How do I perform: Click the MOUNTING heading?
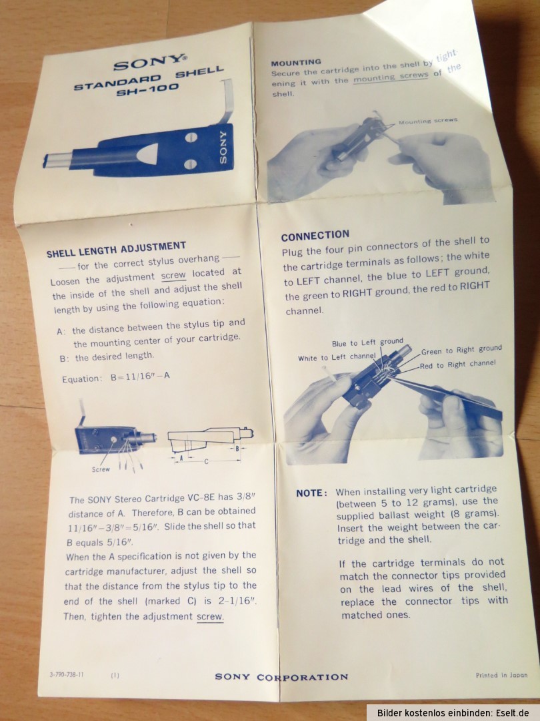click(296, 63)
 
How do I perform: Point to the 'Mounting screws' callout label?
click(428, 121)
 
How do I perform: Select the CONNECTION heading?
click(315, 236)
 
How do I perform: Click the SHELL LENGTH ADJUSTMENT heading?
click(116, 249)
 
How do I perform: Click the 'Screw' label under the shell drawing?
click(101, 469)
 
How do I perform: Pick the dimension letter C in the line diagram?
click(206, 461)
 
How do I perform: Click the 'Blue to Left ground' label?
click(367, 342)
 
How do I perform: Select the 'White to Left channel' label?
click(337, 357)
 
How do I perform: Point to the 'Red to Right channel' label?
click(458, 365)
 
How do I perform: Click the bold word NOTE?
click(312, 493)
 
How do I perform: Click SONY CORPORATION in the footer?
click(281, 677)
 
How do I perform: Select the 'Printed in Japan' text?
click(501, 675)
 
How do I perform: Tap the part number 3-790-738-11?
click(67, 674)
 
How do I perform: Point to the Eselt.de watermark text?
click(514, 713)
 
